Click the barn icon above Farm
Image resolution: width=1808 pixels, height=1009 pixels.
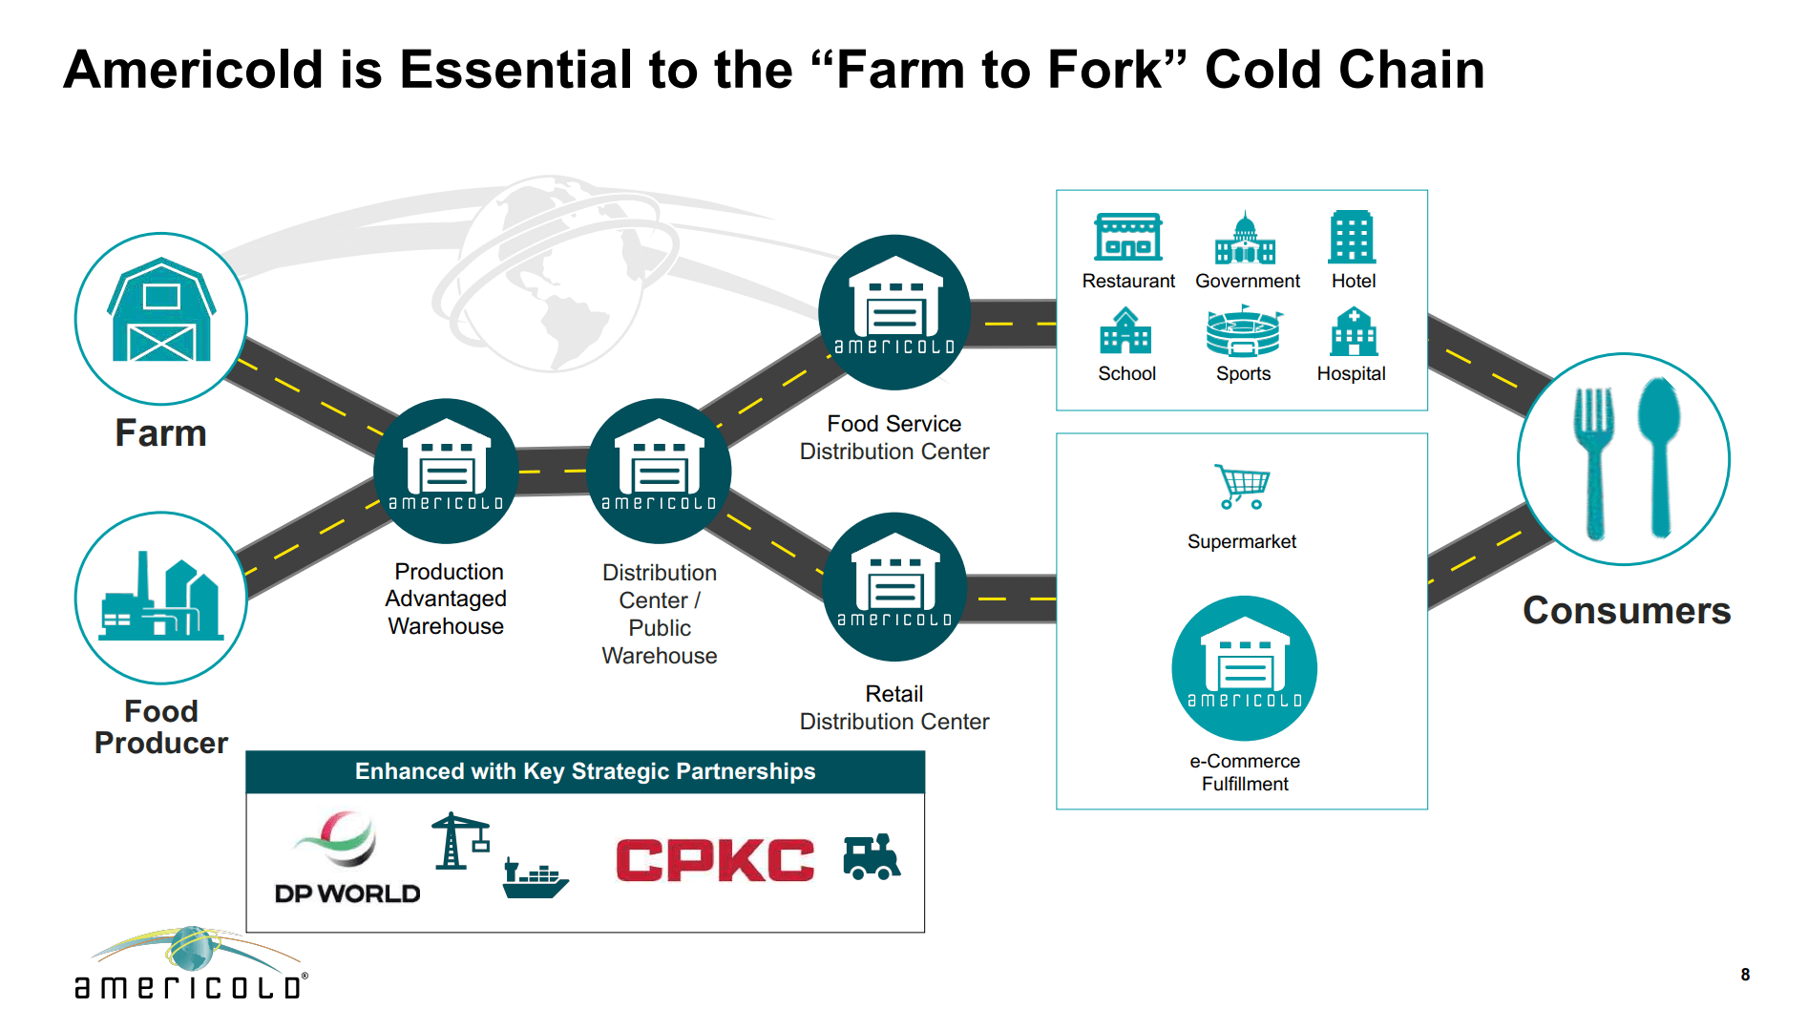pyautogui.click(x=161, y=311)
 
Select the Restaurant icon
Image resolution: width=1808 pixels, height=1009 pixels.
pyautogui.click(x=1128, y=237)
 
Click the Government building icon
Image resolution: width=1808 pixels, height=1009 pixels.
pyautogui.click(x=1245, y=239)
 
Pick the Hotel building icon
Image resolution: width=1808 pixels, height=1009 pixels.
pyautogui.click(x=1352, y=237)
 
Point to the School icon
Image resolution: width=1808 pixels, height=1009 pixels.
pyautogui.click(x=1126, y=331)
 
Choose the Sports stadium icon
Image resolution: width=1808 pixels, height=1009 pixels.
pyautogui.click(x=1243, y=331)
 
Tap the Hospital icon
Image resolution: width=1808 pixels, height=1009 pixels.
pyautogui.click(x=1353, y=331)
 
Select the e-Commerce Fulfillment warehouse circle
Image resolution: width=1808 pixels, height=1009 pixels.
pyautogui.click(x=1244, y=668)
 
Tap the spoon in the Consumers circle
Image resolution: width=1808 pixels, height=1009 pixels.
pyautogui.click(x=1659, y=453)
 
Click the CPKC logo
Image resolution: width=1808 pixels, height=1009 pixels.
pyautogui.click(x=715, y=860)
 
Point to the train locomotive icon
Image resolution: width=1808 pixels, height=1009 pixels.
pyautogui.click(x=872, y=856)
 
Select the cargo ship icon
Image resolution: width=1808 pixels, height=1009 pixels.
pyautogui.click(x=535, y=878)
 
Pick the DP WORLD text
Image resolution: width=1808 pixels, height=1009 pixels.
pyautogui.click(x=347, y=893)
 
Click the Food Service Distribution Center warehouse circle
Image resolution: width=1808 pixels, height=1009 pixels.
pyautogui.click(x=894, y=312)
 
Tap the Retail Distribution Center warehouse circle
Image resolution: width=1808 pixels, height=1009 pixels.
pyautogui.click(x=894, y=587)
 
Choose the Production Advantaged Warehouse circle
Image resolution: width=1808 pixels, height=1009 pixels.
pyautogui.click(x=446, y=471)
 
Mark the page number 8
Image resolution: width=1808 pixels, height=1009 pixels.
pyautogui.click(x=1745, y=975)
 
